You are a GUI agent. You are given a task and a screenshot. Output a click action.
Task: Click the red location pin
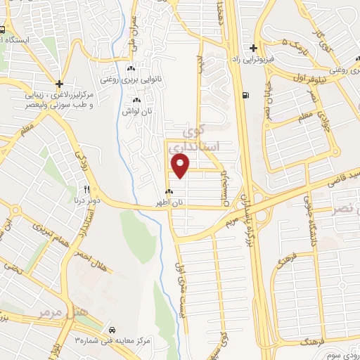point(181,167)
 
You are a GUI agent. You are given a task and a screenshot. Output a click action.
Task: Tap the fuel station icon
point(244,96)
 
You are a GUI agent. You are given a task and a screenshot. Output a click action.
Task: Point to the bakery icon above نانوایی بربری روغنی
point(130,68)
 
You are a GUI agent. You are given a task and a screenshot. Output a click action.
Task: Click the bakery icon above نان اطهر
point(169,191)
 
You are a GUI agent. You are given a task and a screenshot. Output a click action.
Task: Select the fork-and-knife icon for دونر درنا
point(87,189)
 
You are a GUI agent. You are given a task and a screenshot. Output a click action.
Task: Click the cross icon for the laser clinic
point(60,83)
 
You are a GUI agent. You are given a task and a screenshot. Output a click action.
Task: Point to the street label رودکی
point(79,158)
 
